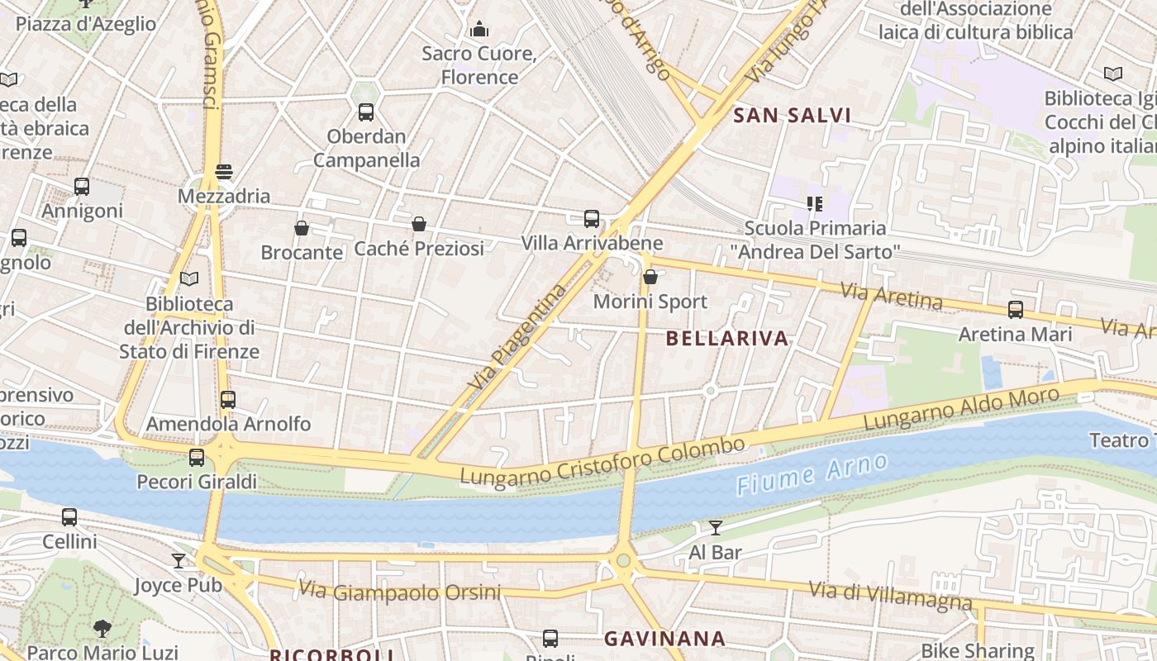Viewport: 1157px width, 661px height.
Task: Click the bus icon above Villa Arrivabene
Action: (x=592, y=219)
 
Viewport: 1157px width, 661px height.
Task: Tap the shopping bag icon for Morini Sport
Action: (x=650, y=277)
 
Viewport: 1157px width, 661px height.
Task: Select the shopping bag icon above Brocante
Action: (x=302, y=228)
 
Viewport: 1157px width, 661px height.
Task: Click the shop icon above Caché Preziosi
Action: (x=419, y=224)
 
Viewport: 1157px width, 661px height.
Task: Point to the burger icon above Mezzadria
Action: (x=224, y=172)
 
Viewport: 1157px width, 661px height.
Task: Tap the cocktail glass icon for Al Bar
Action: (x=716, y=528)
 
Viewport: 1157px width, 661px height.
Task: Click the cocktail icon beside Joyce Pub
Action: (x=179, y=561)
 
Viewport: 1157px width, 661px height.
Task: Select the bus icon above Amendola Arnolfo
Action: (x=228, y=400)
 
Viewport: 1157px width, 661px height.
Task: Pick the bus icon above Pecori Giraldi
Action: (x=197, y=457)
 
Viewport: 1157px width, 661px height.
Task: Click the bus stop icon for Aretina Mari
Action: (x=1016, y=310)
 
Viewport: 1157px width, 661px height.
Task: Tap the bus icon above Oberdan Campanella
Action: (x=366, y=112)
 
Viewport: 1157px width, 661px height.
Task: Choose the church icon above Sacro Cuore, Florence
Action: (x=479, y=30)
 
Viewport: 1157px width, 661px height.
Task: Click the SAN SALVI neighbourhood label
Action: (x=792, y=116)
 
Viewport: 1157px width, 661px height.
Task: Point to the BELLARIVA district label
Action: (x=727, y=339)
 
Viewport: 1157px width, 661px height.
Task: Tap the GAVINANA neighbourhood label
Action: (x=664, y=639)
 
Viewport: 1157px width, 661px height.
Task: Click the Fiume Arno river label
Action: (x=812, y=473)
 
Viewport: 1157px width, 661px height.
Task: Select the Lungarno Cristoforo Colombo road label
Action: (x=602, y=463)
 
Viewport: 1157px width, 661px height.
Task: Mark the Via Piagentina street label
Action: (x=518, y=338)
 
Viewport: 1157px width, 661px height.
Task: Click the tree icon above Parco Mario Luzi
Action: (x=102, y=629)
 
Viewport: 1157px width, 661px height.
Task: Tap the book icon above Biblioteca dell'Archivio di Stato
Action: (x=189, y=279)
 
